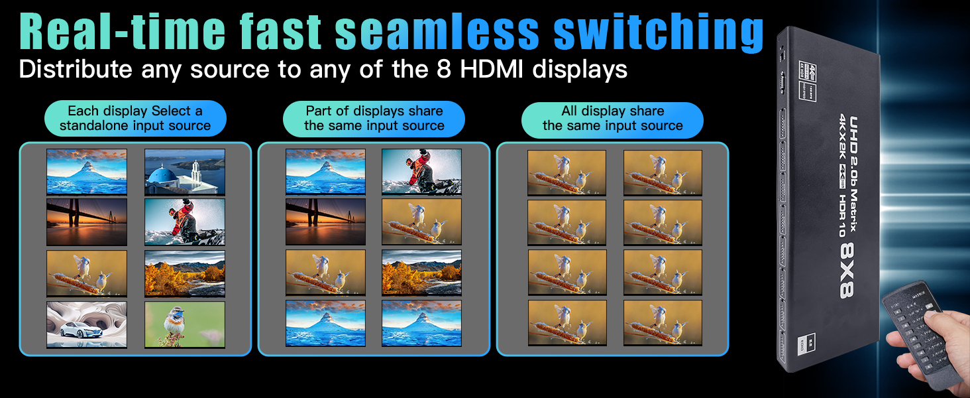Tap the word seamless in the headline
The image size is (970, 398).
click(x=438, y=32)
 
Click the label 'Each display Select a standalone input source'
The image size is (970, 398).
click(x=135, y=119)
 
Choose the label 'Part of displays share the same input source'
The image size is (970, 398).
click(x=374, y=119)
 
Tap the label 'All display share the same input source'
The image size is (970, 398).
click(x=612, y=119)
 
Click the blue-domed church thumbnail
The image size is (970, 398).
click(x=185, y=171)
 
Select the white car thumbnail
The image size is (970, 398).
click(x=86, y=324)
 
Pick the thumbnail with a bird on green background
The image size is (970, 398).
click(x=185, y=324)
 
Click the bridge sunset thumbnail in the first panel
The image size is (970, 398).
click(x=86, y=222)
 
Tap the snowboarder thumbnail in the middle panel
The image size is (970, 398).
click(x=421, y=171)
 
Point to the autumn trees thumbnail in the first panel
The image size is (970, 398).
click(x=185, y=273)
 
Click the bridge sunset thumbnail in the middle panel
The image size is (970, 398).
click(x=325, y=222)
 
